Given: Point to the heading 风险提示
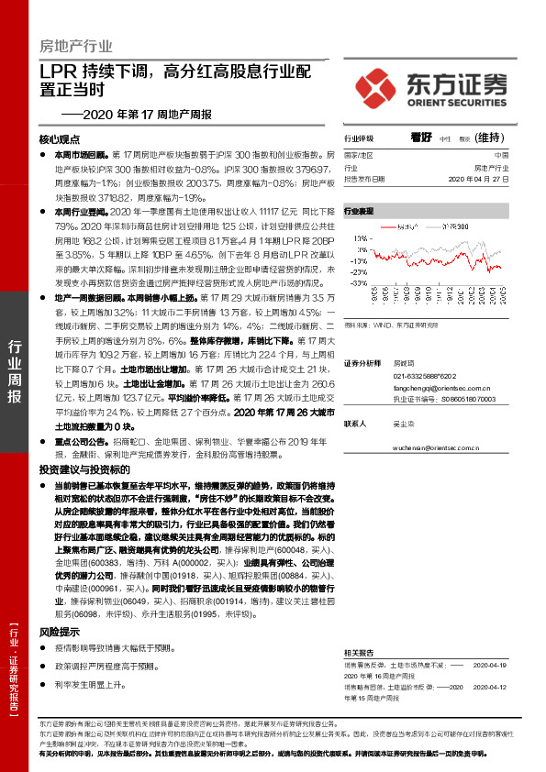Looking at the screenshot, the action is tap(60, 631).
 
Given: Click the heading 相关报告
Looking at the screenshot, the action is tap(359, 645).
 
